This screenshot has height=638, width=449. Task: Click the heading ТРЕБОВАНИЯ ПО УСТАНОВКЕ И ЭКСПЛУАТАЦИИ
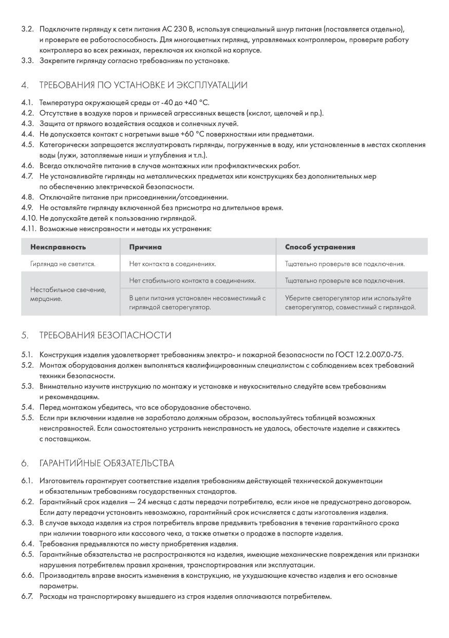(x=143, y=85)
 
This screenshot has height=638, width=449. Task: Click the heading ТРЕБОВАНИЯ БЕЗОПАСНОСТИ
(x=105, y=335)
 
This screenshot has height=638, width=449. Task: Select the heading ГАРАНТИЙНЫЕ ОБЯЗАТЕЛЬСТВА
(x=106, y=463)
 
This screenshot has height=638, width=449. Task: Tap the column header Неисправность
(x=58, y=247)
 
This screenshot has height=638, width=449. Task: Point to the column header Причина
(x=145, y=247)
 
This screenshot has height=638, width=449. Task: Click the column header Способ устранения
(x=320, y=247)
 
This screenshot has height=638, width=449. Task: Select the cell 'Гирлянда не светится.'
(x=63, y=264)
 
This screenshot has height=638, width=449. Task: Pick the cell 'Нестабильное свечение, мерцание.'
(x=68, y=294)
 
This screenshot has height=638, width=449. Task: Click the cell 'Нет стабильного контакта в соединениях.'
(x=192, y=281)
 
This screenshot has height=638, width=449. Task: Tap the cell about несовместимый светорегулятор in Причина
(x=197, y=303)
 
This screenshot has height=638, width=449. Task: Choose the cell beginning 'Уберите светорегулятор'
(x=350, y=303)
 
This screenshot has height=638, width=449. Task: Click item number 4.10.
(x=29, y=218)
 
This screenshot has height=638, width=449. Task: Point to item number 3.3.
(x=27, y=61)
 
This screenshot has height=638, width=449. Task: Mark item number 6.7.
(x=27, y=597)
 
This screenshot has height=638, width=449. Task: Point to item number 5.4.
(x=27, y=407)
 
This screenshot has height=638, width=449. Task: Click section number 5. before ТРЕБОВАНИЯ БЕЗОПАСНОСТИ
(x=25, y=335)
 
